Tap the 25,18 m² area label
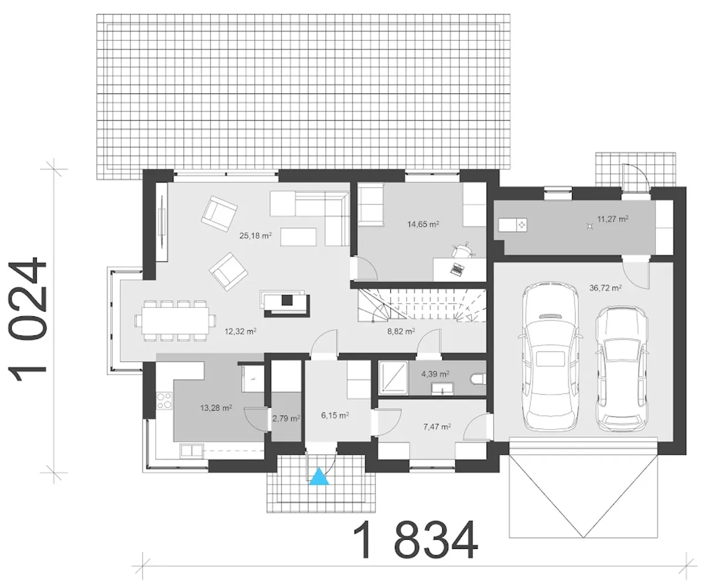coord(255,235)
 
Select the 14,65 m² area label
coord(423,224)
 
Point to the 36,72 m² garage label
coord(605,288)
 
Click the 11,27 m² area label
coord(613,219)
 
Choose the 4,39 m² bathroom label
coord(435,374)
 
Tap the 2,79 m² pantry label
coord(286,418)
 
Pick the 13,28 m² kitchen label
coord(216,408)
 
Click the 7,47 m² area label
coord(437,427)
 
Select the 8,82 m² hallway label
coord(401,331)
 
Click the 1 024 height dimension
coord(27,318)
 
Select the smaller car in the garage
coord(621,369)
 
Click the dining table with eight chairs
coord(175,321)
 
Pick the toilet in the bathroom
coord(478,379)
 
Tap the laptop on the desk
coord(457,269)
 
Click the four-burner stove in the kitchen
coord(164,400)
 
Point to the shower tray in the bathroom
coord(393,378)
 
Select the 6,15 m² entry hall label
coord(335,415)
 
